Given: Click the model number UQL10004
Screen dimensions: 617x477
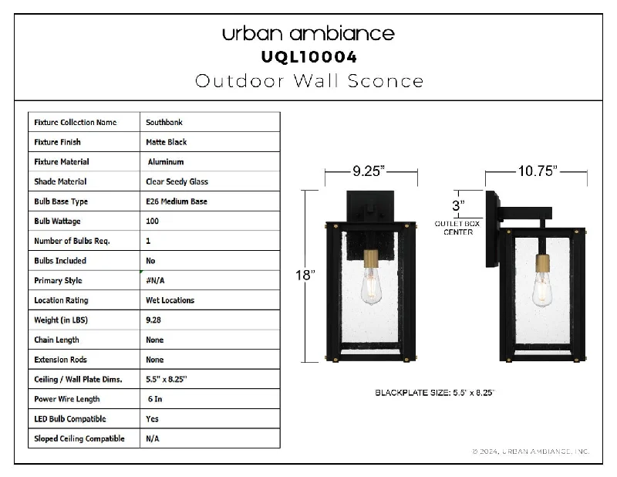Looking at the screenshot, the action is (309, 57).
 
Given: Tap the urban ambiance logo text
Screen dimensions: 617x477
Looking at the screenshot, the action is (308, 33).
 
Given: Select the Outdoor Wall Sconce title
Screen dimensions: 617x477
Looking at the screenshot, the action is (309, 81).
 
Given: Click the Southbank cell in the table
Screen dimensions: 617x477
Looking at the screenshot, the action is (164, 123).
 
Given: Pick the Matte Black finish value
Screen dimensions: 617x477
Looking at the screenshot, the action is (166, 142).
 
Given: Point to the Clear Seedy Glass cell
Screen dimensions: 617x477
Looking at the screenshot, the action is (177, 181).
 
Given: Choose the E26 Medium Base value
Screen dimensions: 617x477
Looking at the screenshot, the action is (177, 201).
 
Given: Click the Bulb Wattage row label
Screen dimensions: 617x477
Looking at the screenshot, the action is (57, 222).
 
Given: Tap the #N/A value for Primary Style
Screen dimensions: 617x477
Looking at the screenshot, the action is (155, 280).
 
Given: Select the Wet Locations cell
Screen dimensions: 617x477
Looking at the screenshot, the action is (170, 300).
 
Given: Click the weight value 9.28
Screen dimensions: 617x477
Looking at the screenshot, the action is (153, 320).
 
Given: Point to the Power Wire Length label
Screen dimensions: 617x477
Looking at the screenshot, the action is (67, 399).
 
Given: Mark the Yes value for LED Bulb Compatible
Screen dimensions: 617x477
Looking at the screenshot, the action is (152, 418).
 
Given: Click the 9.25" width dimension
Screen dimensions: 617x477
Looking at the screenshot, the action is (369, 171).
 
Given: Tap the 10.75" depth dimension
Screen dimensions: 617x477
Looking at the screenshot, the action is (538, 171).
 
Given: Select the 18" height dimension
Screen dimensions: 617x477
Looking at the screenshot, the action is (305, 275).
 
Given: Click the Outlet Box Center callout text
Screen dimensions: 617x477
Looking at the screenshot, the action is (457, 228).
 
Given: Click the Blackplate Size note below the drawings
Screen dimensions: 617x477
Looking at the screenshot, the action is (434, 393).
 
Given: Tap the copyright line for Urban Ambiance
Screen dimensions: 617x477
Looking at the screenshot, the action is (531, 452).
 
